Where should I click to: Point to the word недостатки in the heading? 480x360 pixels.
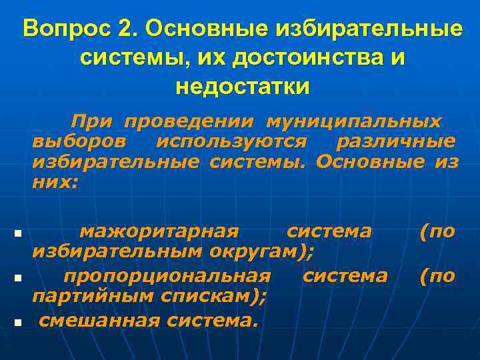pos(243,87)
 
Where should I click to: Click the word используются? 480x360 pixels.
pos(231,141)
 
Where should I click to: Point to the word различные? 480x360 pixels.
pos(396,141)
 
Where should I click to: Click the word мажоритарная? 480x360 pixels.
pos(159,231)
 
